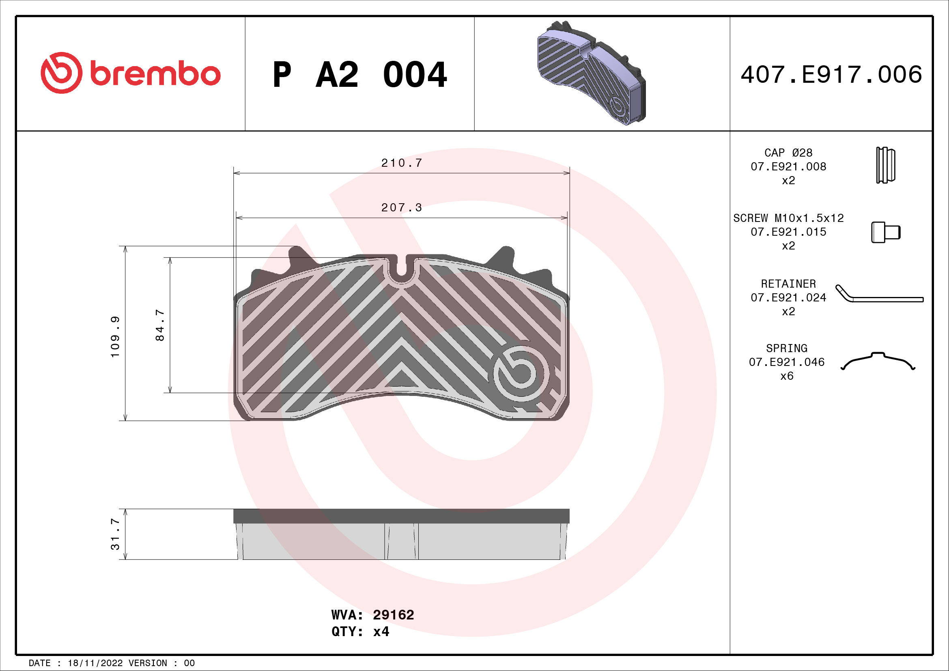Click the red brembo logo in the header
(130, 73)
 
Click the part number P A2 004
(359, 75)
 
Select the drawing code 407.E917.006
(831, 75)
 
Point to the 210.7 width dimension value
(401, 163)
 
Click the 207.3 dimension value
(401, 208)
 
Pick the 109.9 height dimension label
(115, 337)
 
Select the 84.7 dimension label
(159, 325)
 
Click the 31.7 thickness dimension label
(115, 534)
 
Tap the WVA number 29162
(393, 615)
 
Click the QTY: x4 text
(360, 632)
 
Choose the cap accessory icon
(885, 165)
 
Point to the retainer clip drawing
(879, 295)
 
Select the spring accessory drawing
(878, 361)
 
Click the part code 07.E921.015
(788, 232)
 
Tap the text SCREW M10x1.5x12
(788, 218)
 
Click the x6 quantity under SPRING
(787, 376)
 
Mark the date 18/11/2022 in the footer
(95, 663)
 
